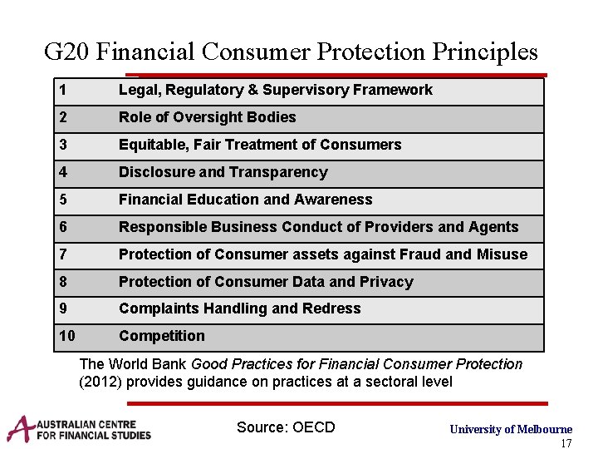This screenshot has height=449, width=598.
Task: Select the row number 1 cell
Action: (x=63, y=90)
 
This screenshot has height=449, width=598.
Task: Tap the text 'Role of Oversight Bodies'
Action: (x=207, y=117)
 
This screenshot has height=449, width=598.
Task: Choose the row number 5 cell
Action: (x=63, y=200)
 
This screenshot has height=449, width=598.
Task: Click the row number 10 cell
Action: (x=67, y=336)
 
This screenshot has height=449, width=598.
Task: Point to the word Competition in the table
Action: (x=161, y=336)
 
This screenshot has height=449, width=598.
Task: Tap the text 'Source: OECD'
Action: (x=286, y=427)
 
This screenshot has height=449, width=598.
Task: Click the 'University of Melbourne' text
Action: (x=511, y=429)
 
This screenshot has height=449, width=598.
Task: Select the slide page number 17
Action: (x=566, y=443)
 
